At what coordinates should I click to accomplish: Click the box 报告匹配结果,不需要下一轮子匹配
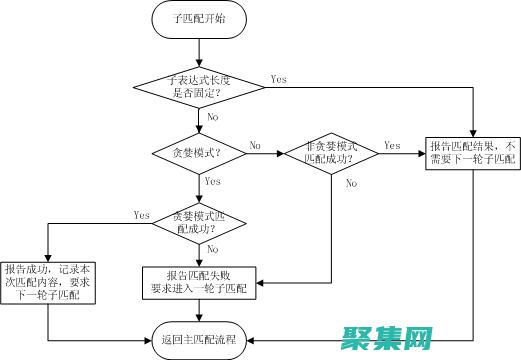tap(472, 151)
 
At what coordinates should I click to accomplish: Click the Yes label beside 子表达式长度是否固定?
tap(279, 79)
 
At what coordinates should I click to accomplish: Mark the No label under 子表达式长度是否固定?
tap(212, 117)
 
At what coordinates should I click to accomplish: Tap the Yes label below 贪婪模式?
tap(212, 182)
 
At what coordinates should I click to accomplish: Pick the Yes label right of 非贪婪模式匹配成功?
tap(392, 144)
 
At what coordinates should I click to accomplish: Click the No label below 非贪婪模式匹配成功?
tap(350, 184)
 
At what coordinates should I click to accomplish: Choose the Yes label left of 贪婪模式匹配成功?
tap(141, 214)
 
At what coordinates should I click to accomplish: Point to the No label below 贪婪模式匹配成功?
tap(212, 250)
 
